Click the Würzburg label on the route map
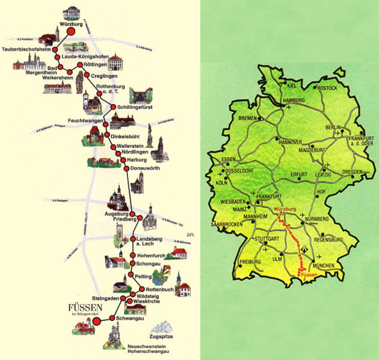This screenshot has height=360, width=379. [x=70, y=25]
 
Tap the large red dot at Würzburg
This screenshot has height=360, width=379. [x=71, y=34]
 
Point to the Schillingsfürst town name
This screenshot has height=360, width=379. [x=134, y=107]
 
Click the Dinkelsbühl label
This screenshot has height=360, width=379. [x=131, y=136]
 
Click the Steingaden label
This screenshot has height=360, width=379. [x=104, y=297]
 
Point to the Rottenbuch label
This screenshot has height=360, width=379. [x=159, y=289]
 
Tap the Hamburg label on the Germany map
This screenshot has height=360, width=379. [x=294, y=100]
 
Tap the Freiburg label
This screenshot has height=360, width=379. [x=250, y=262]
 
